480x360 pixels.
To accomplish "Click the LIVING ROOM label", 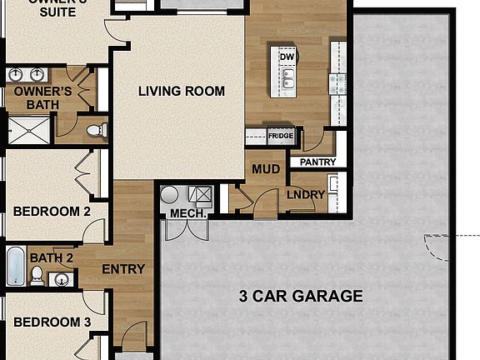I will pyautogui.click(x=182, y=91).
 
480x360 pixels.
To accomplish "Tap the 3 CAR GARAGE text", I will pyautogui.click(x=300, y=296).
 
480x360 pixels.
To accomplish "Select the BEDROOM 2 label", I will pyautogui.click(x=52, y=212).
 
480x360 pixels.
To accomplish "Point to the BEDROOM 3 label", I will pyautogui.click(x=52, y=322).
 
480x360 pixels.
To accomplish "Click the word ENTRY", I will pyautogui.click(x=123, y=269).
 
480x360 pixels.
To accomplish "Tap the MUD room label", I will pyautogui.click(x=265, y=169).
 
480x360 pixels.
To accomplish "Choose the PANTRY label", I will pyautogui.click(x=317, y=162).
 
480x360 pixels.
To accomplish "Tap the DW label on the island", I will pyautogui.click(x=285, y=57).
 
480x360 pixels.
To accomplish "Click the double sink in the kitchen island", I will pyautogui.click(x=287, y=80).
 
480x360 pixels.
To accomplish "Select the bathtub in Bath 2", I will pyautogui.click(x=15, y=266).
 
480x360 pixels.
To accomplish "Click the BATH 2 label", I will pyautogui.click(x=52, y=258).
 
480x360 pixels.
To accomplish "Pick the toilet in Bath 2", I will pyautogui.click(x=58, y=279).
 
